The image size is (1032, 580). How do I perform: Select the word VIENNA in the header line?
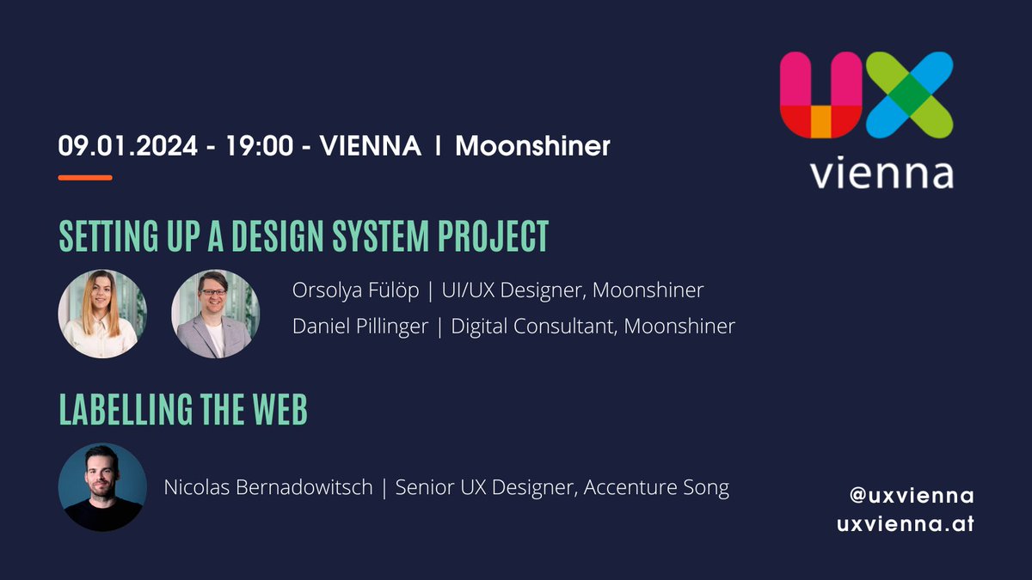[x=370, y=146]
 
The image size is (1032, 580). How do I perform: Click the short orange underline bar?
[x=85, y=178]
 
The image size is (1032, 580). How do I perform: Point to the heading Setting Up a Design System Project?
[x=304, y=236]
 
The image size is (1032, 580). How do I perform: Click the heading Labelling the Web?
[x=183, y=411]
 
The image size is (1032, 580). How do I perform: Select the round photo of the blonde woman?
[x=102, y=314]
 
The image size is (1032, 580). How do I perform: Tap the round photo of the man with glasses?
[x=215, y=314]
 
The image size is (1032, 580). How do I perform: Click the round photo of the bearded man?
[x=102, y=487]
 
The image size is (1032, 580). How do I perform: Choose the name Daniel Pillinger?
[x=360, y=327]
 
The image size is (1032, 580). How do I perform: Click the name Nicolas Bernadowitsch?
[x=268, y=488]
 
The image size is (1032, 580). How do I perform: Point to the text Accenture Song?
[x=656, y=488]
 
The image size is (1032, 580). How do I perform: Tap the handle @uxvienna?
[x=912, y=496]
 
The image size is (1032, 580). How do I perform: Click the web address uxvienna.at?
[x=906, y=523]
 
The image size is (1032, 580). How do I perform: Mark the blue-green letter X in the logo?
[x=909, y=95]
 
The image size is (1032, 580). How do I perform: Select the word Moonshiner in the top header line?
[x=532, y=146]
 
